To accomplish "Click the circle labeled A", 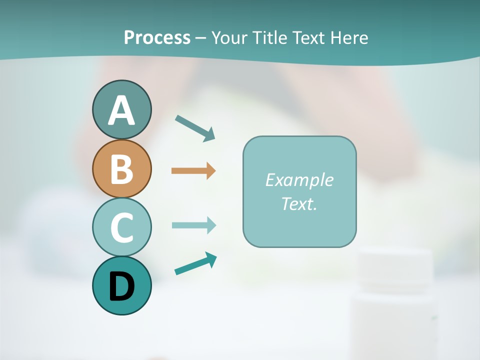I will point(121,109).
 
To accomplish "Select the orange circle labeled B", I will point(121,168).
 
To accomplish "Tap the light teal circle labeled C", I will point(121,227).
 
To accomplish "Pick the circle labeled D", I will point(121,285).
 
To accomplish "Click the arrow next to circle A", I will point(195,128).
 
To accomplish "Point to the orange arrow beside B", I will point(193,171).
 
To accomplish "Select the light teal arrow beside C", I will point(193,225).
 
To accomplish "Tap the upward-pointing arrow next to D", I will point(195,263).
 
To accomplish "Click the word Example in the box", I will point(299,180).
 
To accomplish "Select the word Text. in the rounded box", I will point(299,203).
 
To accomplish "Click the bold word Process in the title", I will point(157,37).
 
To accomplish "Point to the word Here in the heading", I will point(350,37).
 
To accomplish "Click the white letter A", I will point(121,110).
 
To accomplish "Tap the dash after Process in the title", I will point(201,38).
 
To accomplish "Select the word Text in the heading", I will point(311,37).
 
